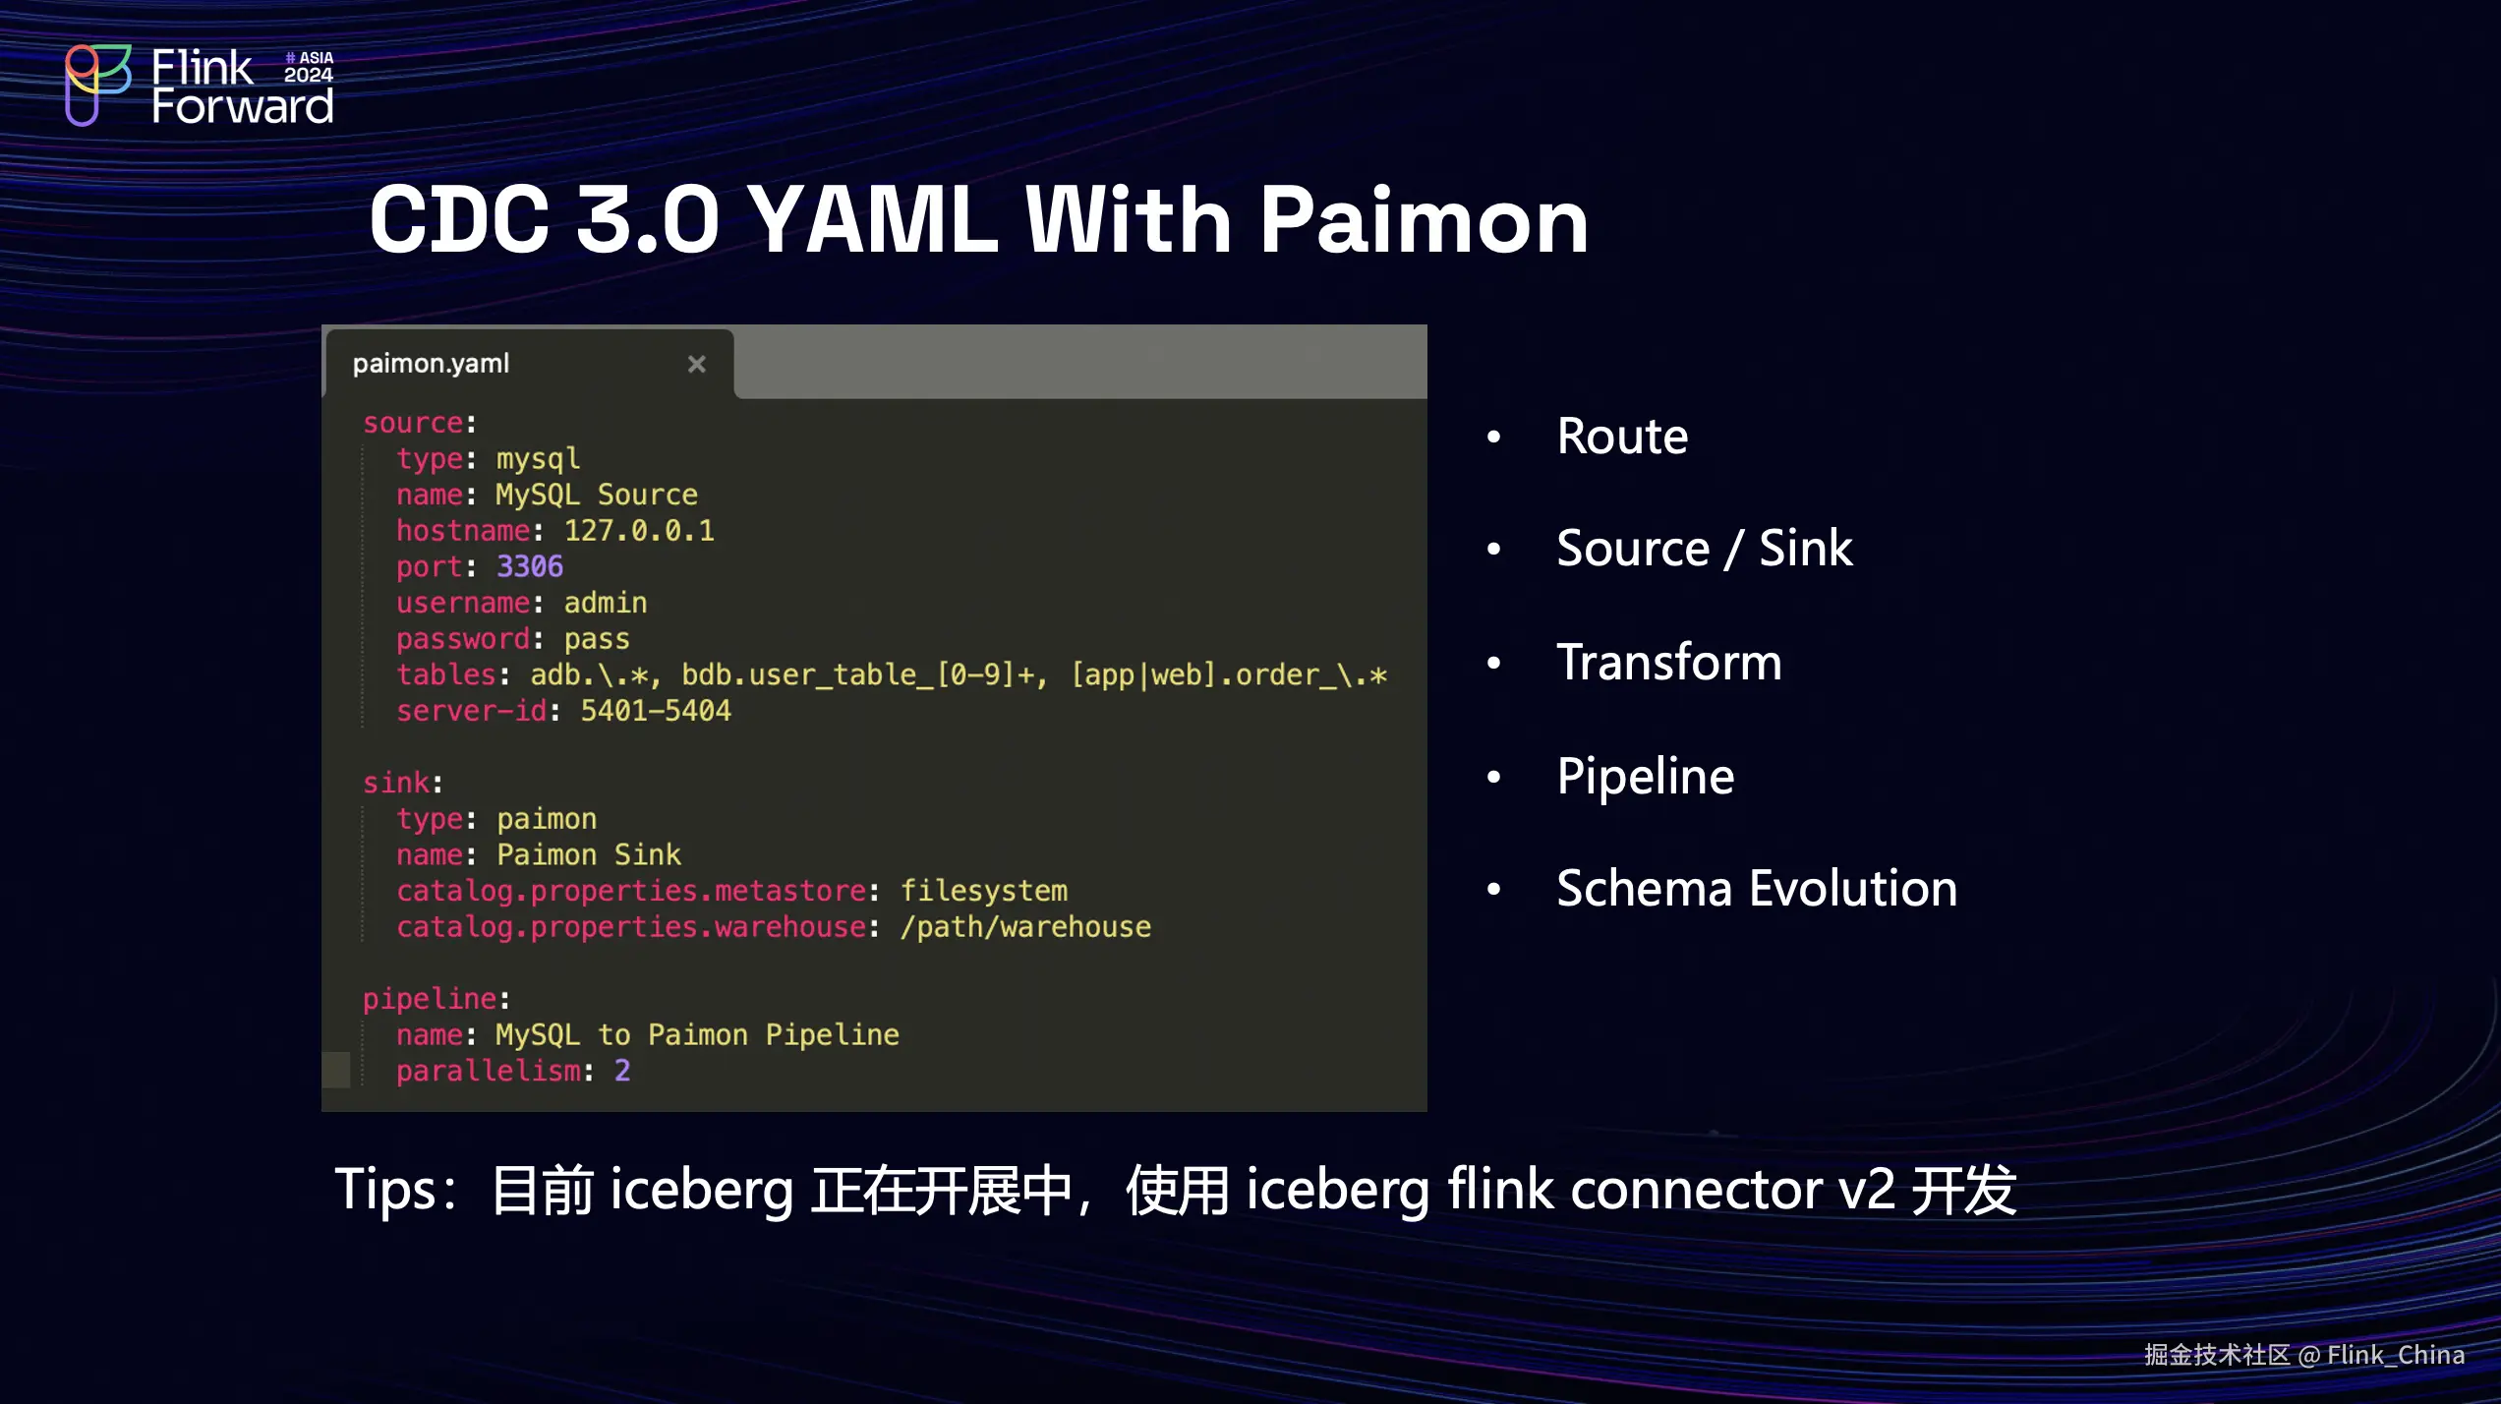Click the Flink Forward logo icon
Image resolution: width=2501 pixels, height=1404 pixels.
click(x=96, y=85)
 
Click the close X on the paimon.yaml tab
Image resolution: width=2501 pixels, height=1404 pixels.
click(x=696, y=365)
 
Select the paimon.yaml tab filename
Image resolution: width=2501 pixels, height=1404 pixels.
click(x=431, y=364)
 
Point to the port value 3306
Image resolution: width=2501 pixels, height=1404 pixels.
click(x=529, y=567)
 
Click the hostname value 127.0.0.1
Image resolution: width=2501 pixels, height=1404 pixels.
click(x=639, y=531)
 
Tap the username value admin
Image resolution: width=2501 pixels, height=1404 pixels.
click(x=605, y=603)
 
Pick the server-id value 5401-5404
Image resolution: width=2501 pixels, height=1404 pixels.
click(x=655, y=711)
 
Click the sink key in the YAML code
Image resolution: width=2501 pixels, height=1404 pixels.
click(x=396, y=784)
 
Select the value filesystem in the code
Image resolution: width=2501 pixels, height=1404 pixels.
click(x=983, y=891)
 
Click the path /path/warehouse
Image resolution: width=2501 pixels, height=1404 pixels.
click(x=1025, y=927)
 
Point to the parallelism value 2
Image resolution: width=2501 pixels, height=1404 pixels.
click(x=622, y=1071)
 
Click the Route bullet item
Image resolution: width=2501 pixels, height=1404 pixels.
click(x=1622, y=437)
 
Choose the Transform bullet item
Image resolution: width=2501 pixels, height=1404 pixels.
click(x=1668, y=662)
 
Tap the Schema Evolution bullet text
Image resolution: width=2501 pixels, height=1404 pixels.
click(x=1757, y=889)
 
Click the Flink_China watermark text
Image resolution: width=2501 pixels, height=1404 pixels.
click(x=2395, y=1356)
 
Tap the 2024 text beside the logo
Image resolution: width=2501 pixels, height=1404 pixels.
click(x=309, y=76)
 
